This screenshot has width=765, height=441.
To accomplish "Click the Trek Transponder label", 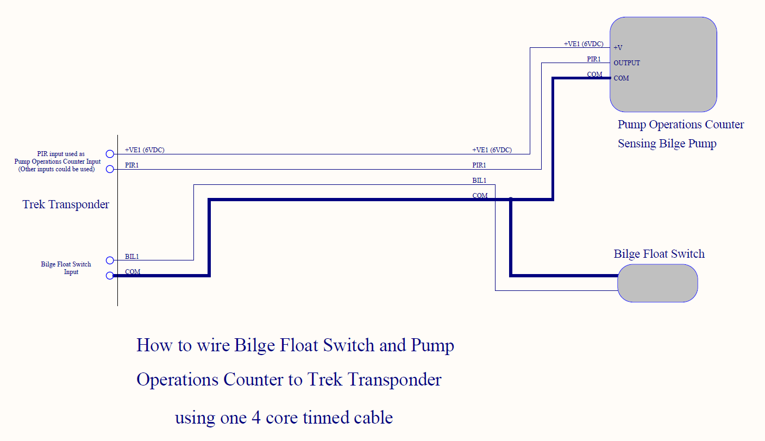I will [x=66, y=204].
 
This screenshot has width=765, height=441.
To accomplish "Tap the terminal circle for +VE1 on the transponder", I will [x=110, y=154].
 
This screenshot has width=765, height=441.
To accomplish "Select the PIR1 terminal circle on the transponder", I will [x=110, y=169].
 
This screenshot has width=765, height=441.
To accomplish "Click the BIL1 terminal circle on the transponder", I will [x=110, y=260].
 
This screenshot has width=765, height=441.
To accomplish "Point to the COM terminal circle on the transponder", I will [x=110, y=276].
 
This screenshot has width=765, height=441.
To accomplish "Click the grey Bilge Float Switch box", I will [x=657, y=283].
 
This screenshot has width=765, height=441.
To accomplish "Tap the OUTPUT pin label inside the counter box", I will [x=626, y=63].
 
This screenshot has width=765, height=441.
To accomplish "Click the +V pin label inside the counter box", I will [x=618, y=48].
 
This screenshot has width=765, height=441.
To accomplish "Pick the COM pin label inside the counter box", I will [x=621, y=78].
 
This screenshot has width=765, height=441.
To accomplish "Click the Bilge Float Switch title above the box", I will [x=659, y=254].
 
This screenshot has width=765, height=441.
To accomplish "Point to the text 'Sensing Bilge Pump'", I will [x=667, y=144].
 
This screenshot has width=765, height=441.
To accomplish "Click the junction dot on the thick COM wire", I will [x=511, y=200].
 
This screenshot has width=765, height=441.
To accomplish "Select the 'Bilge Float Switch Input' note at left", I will [x=66, y=268].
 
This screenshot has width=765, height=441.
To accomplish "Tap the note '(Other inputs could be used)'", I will [x=57, y=169].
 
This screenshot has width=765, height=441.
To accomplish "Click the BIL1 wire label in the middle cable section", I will [x=479, y=180].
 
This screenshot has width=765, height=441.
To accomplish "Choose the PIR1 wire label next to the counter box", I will [x=593, y=59].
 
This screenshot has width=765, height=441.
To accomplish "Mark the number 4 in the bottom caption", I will [x=256, y=418].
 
